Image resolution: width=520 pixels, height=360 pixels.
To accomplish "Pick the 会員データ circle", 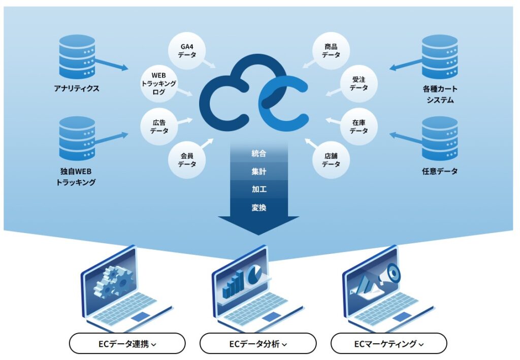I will (x=187, y=160).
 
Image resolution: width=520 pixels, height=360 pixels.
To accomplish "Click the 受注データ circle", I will (x=359, y=83).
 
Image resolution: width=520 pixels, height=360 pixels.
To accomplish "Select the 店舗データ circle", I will (x=331, y=160).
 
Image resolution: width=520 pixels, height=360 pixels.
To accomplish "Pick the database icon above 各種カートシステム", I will (x=440, y=56).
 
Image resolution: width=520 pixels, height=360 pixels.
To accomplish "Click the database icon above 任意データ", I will (x=440, y=138).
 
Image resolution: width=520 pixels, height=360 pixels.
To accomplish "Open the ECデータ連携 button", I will (x=127, y=344).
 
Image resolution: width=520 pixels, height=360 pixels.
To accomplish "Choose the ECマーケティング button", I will (x=389, y=344).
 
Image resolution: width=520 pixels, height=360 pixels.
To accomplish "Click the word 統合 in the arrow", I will (x=259, y=153).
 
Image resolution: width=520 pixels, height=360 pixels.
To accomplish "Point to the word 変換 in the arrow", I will (x=259, y=208).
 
